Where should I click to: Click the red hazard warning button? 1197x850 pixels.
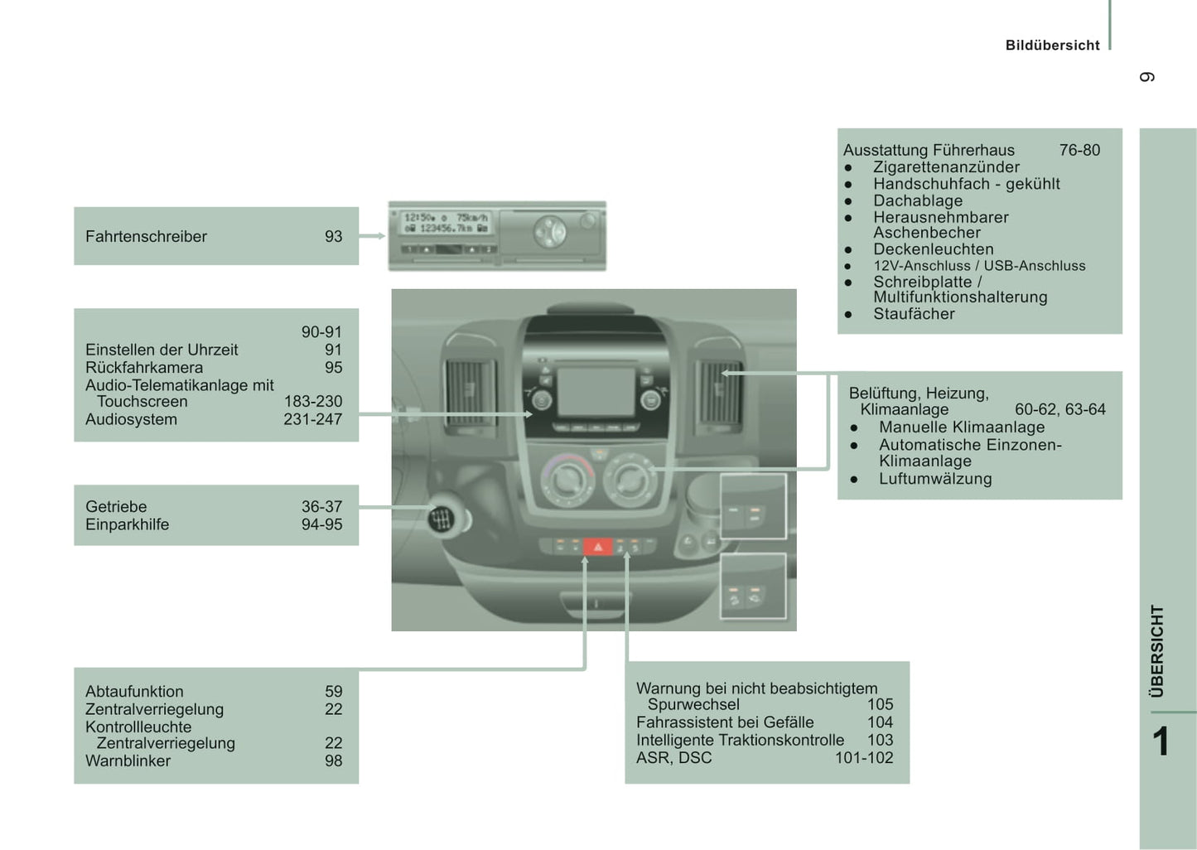[597, 547]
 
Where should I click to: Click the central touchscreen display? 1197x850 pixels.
[595, 392]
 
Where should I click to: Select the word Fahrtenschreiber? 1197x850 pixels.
[146, 236]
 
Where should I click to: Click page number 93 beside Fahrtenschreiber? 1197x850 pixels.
[333, 236]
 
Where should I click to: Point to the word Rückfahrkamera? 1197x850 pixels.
[144, 367]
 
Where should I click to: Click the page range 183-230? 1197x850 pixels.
[313, 402]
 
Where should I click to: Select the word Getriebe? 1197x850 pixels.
[116, 506]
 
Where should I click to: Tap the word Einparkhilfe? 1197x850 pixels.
[127, 524]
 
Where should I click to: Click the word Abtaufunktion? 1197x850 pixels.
[134, 691]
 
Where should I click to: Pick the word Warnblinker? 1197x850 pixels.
[128, 761]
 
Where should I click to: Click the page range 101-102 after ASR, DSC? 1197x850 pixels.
[864, 757]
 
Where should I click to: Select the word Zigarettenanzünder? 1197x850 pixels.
[946, 167]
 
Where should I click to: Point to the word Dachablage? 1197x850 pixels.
[918, 200]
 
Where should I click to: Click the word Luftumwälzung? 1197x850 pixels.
[935, 478]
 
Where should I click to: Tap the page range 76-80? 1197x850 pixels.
[1079, 150]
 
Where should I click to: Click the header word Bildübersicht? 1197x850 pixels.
[1052, 46]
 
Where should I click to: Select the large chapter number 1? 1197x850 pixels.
[1161, 741]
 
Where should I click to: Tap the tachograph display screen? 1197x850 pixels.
[446, 223]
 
